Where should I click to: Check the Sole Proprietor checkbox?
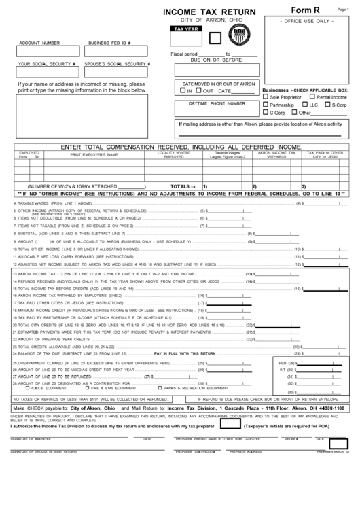(266, 97)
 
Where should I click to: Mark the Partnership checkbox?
(266, 105)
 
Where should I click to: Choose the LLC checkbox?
(304, 105)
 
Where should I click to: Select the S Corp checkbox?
(327, 105)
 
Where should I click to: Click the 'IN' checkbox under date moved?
(182, 90)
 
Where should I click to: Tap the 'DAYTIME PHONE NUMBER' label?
(217, 103)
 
